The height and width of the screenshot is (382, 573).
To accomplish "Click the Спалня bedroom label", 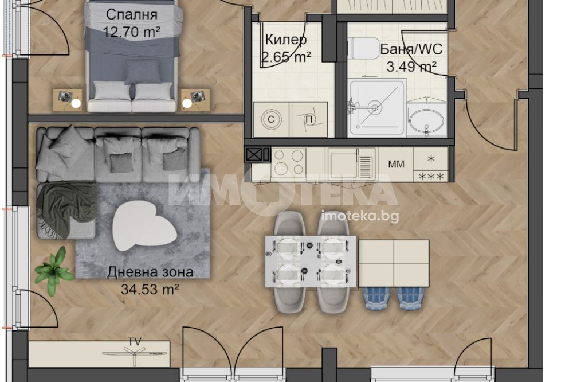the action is (x=132, y=15).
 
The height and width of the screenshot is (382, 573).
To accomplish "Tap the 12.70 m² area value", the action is (x=132, y=32).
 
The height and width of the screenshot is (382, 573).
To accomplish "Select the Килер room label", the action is (x=286, y=40).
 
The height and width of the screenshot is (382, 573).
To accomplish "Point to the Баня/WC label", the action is (x=411, y=49).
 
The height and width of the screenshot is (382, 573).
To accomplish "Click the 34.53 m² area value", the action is (x=150, y=290).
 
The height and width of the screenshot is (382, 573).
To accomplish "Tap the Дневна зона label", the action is (x=150, y=272).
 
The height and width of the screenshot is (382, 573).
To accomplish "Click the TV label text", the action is (x=135, y=342).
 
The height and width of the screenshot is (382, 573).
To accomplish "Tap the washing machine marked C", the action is (x=272, y=119).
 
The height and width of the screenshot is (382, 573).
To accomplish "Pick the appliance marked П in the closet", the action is (x=309, y=119).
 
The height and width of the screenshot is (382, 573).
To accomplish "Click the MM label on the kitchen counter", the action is (x=396, y=164).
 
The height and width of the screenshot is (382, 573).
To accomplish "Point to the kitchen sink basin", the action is (x=342, y=163).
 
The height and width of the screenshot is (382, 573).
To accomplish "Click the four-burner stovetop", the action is (x=289, y=163).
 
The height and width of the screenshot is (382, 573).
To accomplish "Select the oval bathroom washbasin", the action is (x=426, y=120).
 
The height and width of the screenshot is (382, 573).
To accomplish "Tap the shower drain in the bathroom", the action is (x=374, y=107).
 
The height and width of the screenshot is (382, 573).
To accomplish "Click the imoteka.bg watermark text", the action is (x=360, y=217).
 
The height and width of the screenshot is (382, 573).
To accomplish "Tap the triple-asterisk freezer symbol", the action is (x=431, y=177).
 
